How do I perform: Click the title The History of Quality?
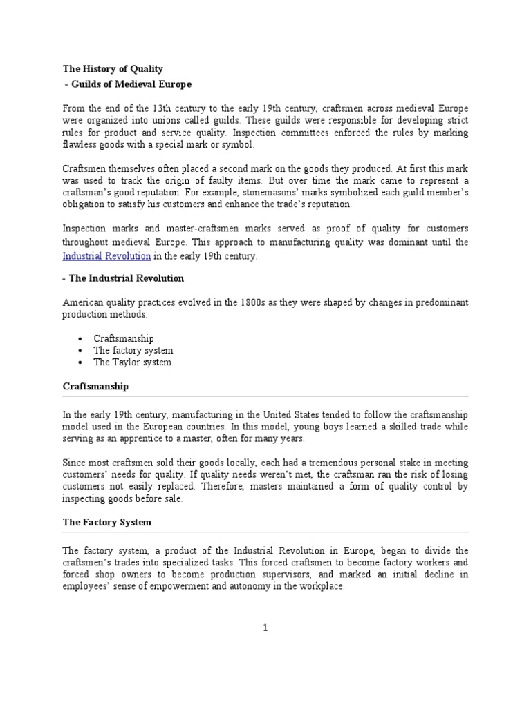click(113, 69)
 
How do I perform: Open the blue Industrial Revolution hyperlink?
click(106, 255)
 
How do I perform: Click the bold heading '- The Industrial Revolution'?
click(123, 278)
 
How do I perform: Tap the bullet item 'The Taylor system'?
click(133, 362)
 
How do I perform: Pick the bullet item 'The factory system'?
click(133, 350)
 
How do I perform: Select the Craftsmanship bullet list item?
click(124, 338)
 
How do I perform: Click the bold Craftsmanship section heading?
click(95, 386)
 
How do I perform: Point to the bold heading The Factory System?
click(106, 523)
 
